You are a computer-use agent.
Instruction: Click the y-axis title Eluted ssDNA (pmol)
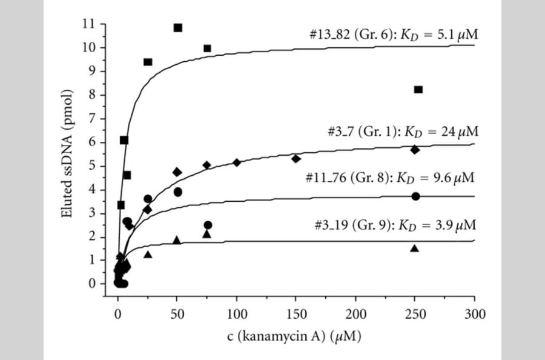pos(68,153)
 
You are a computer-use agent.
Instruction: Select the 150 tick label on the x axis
pos(296,313)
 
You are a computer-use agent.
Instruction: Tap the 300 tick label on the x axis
pos(474,313)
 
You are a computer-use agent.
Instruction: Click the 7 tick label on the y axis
pos(93,119)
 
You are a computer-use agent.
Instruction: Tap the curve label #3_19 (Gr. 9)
pos(352,225)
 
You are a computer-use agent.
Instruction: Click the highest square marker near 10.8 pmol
pos(178,28)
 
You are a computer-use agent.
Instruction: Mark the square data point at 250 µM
pos(418,90)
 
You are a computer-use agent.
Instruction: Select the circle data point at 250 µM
pos(415,196)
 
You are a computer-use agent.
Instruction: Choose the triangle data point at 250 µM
pos(415,248)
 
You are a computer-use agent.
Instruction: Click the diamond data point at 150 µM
pos(296,159)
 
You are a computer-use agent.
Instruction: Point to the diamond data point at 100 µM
pos(237,162)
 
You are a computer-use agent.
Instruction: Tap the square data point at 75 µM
pos(207,48)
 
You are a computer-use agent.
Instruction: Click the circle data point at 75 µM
pos(208,225)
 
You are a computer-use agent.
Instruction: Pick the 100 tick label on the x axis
pos(236,313)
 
